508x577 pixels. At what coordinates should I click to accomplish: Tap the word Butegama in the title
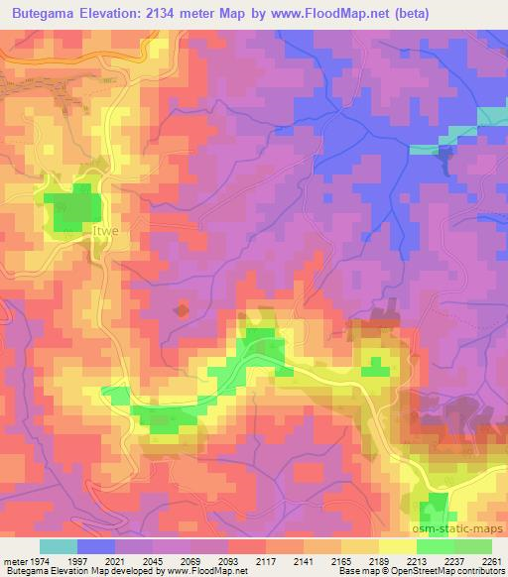click(47, 14)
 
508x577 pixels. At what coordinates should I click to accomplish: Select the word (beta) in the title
click(468, 14)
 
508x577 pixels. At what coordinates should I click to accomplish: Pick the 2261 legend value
click(492, 562)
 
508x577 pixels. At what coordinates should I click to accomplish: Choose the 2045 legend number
click(153, 562)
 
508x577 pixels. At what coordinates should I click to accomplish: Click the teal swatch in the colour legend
click(59, 546)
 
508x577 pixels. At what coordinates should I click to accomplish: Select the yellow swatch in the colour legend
click(398, 546)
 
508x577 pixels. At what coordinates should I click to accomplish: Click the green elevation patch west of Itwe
click(75, 208)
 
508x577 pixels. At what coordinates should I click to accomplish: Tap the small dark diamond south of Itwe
click(181, 310)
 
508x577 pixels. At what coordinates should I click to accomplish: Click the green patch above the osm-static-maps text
click(433, 511)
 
